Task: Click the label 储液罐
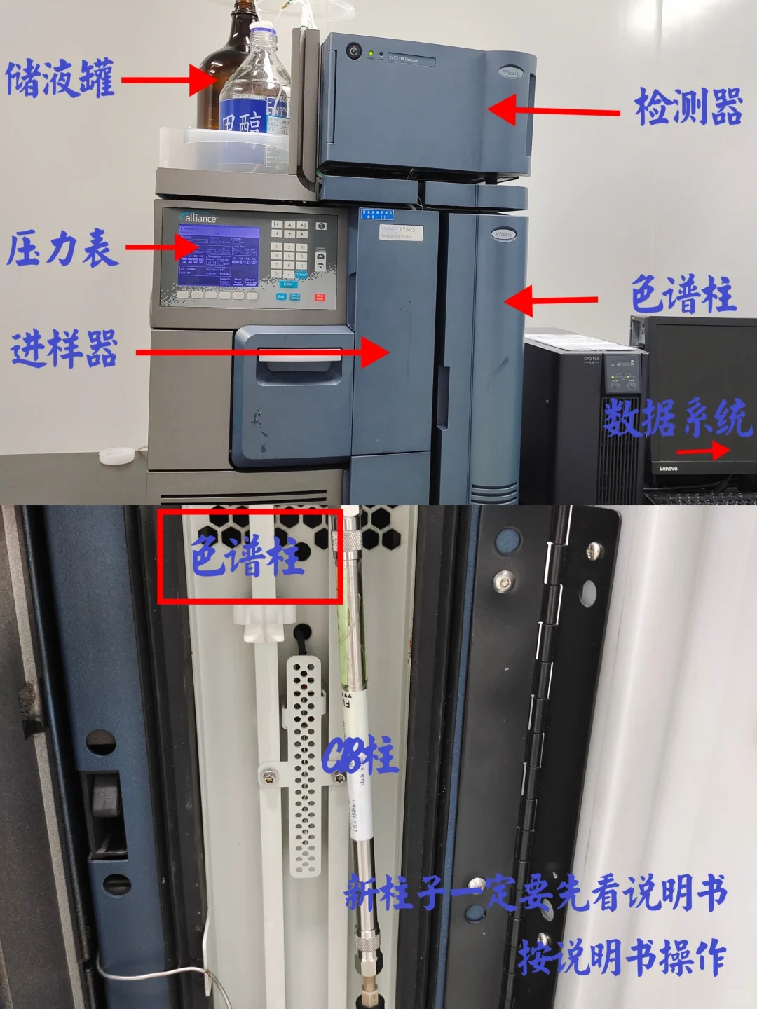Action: click(x=60, y=78)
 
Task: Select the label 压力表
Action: click(x=62, y=249)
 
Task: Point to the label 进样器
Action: click(x=64, y=349)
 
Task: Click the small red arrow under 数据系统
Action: click(x=704, y=451)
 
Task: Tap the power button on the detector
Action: click(x=353, y=51)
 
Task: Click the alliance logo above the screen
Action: click(x=200, y=218)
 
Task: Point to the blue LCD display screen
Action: click(x=219, y=255)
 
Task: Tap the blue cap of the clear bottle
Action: click(x=261, y=29)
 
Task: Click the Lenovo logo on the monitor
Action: click(x=668, y=469)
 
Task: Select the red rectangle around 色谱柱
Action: click(x=250, y=556)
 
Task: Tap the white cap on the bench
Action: click(x=116, y=455)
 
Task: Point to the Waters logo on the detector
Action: click(x=510, y=72)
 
